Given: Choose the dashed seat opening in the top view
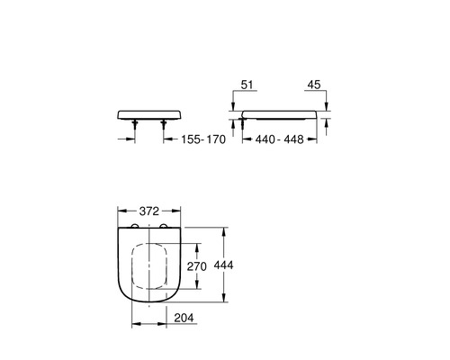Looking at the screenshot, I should [150, 267].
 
